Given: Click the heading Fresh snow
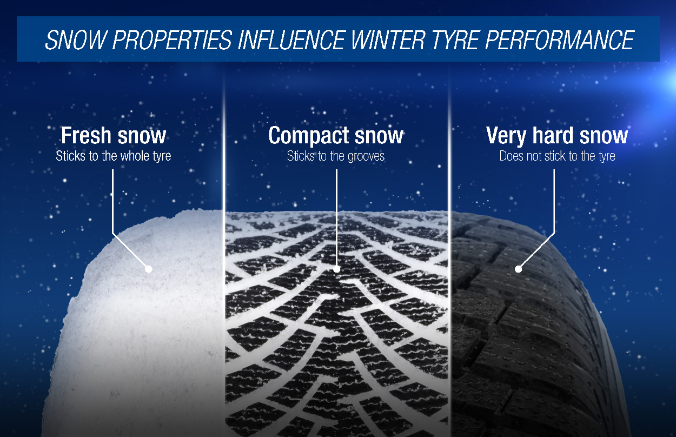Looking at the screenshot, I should pyautogui.click(x=113, y=136).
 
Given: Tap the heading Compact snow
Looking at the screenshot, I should pyautogui.click(x=336, y=136).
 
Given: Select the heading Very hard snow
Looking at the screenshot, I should pyautogui.click(x=557, y=136).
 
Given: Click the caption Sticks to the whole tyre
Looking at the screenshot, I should pyautogui.click(x=113, y=156).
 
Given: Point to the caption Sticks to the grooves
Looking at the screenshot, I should pyautogui.click(x=336, y=156).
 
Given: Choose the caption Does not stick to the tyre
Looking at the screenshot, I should pyautogui.click(x=557, y=156).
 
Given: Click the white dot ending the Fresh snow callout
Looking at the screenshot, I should pyautogui.click(x=148, y=269).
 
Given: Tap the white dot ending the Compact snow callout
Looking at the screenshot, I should pyautogui.click(x=336, y=269).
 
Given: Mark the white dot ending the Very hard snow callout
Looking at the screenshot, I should pyautogui.click(x=518, y=269).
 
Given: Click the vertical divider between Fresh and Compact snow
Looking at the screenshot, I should pyautogui.click(x=224, y=162).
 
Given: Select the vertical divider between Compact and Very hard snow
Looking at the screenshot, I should pyautogui.click(x=449, y=162).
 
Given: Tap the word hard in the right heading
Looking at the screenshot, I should pyautogui.click(x=558, y=136).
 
